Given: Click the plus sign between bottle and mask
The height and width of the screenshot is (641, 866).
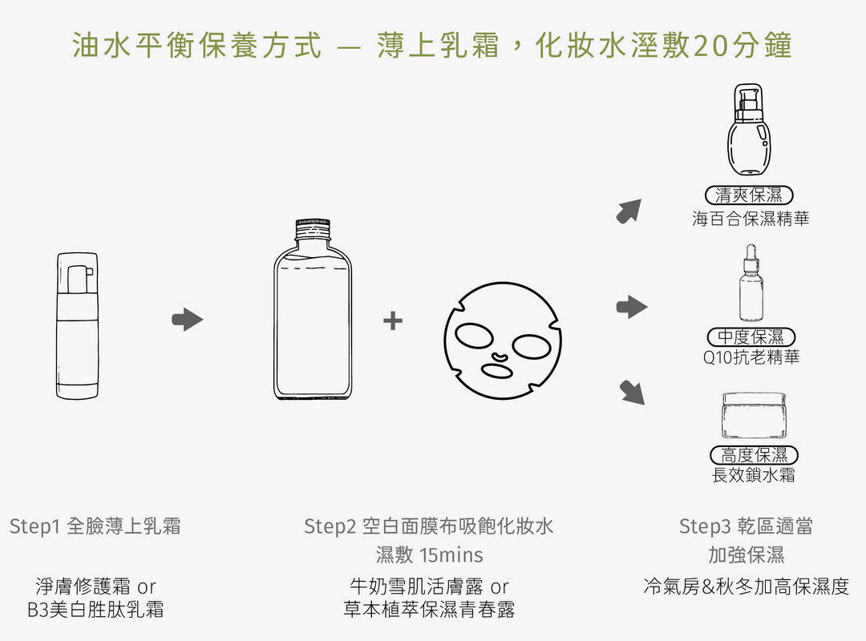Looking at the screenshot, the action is pyautogui.click(x=393, y=320).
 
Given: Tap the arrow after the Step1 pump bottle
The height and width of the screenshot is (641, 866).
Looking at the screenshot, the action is pyautogui.click(x=188, y=319).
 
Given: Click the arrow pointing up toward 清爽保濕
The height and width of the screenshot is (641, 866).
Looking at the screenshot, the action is pyautogui.click(x=629, y=211).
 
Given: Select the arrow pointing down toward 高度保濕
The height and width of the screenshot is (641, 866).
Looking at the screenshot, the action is pyautogui.click(x=632, y=393).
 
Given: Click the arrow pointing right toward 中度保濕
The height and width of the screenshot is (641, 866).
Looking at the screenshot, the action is pyautogui.click(x=632, y=307).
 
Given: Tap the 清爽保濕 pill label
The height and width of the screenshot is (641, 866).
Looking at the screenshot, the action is pyautogui.click(x=749, y=195).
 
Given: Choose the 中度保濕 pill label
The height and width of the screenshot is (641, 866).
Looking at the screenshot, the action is pyautogui.click(x=751, y=337).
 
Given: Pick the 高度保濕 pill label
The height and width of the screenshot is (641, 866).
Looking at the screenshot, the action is pyautogui.click(x=754, y=455).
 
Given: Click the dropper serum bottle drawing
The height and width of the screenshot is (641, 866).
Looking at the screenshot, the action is pyautogui.click(x=751, y=283).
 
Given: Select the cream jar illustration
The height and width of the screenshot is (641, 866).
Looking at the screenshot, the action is pyautogui.click(x=753, y=417).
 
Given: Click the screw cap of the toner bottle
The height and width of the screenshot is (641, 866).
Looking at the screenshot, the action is pyautogui.click(x=313, y=229).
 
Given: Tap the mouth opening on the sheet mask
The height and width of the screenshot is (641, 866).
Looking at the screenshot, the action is pyautogui.click(x=497, y=371).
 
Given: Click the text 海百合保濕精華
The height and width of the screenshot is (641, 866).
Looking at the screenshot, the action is pyautogui.click(x=751, y=219).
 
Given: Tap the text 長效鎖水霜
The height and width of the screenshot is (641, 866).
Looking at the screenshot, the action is pyautogui.click(x=753, y=475).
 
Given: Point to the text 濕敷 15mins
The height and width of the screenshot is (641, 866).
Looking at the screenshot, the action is pyautogui.click(x=429, y=555).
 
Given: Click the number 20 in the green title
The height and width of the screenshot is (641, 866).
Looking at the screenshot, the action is pyautogui.click(x=710, y=46).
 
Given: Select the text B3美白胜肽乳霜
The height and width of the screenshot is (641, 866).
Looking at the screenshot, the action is pyautogui.click(x=95, y=610).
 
